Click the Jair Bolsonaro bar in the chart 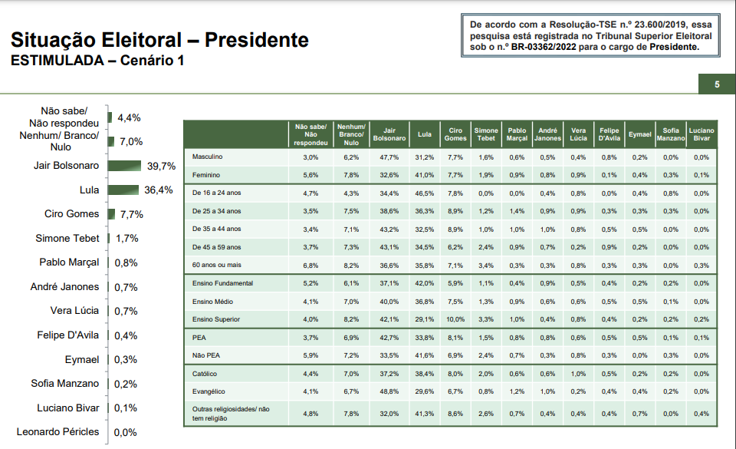pos(125,166)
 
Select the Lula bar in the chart pos(123,190)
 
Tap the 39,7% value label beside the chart pos(162,166)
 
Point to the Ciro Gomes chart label pos(72,214)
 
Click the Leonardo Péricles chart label pos(58,432)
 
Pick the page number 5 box pos(716,84)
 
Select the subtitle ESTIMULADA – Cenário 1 pos(97,61)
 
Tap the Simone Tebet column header pos(485,134)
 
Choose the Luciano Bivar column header pos(701,134)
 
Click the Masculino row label pos(208,157)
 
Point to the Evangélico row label pos(209,391)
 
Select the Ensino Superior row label pos(215,319)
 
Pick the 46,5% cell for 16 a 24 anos pos(424,193)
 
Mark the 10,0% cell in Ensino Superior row pos(455,319)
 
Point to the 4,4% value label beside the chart pos(129,118)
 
